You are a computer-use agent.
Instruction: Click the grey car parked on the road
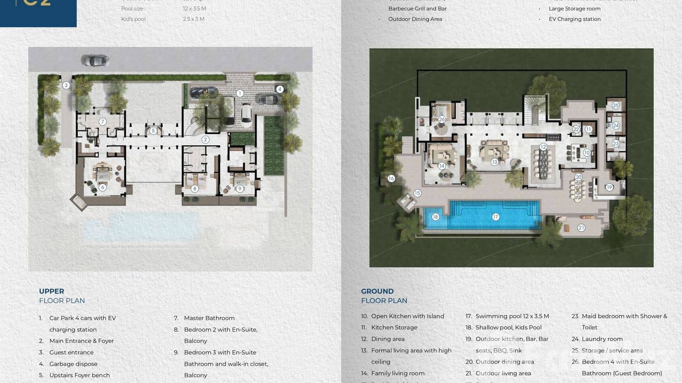click(95, 61)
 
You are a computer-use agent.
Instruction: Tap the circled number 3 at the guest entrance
click(66, 85)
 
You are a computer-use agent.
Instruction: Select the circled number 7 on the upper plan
click(103, 122)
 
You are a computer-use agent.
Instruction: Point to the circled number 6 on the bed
click(103, 187)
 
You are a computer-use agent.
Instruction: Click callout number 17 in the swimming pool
click(495, 217)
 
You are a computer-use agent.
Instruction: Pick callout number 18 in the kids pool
click(435, 217)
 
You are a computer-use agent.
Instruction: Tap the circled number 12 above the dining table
click(543, 147)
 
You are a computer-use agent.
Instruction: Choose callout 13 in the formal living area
click(494, 162)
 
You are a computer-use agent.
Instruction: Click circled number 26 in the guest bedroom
click(442, 119)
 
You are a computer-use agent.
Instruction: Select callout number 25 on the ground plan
click(616, 106)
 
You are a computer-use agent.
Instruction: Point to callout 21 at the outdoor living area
click(581, 228)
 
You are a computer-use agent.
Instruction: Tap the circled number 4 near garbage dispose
click(280, 89)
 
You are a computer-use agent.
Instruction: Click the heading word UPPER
click(51, 291)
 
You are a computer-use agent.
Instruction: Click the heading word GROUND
click(377, 291)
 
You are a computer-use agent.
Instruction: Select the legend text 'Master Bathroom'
click(209, 318)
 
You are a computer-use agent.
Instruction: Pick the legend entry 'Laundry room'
click(602, 339)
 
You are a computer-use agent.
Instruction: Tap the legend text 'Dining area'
click(388, 339)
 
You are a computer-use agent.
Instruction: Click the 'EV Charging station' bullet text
click(574, 19)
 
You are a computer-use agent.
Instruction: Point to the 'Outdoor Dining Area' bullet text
click(415, 19)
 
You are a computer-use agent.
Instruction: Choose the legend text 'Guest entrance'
click(71, 353)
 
